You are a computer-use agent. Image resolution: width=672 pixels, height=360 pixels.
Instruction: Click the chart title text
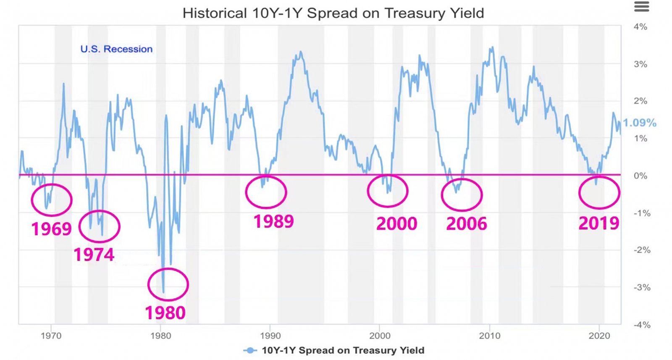click(x=333, y=13)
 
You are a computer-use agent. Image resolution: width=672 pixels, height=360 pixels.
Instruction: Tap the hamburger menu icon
click(x=641, y=7)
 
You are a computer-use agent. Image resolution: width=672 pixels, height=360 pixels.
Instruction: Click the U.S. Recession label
click(x=116, y=49)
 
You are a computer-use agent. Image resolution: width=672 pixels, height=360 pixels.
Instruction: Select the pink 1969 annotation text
click(x=52, y=229)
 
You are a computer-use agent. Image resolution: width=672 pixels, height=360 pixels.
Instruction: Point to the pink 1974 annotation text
click(x=94, y=255)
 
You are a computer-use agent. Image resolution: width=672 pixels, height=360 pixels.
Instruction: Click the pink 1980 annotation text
click(x=165, y=313)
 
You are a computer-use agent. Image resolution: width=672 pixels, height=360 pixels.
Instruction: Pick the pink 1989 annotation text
click(x=273, y=221)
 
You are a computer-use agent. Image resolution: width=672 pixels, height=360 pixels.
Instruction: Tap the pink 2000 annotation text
click(x=396, y=223)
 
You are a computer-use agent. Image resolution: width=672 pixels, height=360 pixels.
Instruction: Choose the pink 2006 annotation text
click(x=466, y=224)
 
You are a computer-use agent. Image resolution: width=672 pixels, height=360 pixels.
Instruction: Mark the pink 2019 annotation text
click(x=599, y=223)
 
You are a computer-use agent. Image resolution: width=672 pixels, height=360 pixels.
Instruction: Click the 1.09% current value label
click(x=639, y=123)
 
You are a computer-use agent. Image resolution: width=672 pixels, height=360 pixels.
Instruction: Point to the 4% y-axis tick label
click(x=640, y=27)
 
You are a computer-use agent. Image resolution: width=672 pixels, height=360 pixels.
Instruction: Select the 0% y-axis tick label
click(x=640, y=176)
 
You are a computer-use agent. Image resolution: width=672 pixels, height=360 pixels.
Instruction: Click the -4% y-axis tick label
click(x=642, y=325)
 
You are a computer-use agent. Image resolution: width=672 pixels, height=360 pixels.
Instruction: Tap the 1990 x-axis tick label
click(x=270, y=336)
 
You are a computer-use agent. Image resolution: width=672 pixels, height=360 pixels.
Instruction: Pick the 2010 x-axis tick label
click(x=489, y=336)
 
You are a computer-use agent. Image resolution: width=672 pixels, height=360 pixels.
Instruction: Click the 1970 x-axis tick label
click(x=51, y=336)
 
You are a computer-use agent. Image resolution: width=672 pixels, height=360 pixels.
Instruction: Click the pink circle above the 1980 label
click(x=168, y=284)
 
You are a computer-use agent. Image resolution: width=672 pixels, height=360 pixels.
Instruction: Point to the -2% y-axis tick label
click(x=642, y=250)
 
